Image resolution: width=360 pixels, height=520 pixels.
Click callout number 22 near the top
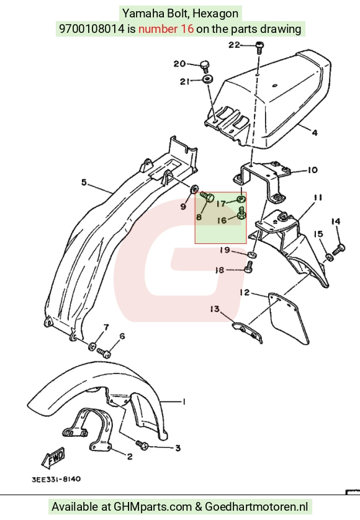coord(234,45)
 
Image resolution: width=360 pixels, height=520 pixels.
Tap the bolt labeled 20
coord(205,66)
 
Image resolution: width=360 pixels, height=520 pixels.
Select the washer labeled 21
coord(208,79)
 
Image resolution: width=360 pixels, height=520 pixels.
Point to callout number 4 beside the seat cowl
coord(315,133)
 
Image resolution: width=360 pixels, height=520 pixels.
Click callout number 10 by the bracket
coord(312,170)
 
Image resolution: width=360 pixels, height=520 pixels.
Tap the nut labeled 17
coord(241,199)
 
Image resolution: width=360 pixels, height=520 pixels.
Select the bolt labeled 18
coord(249,267)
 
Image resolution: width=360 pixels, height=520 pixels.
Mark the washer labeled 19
coord(252,254)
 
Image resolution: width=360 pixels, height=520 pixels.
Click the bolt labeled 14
coord(338,249)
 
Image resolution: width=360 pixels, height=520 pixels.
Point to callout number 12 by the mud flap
coord(245,292)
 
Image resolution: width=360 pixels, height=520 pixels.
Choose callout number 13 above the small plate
coord(215,309)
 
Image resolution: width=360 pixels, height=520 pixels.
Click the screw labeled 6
coord(104,353)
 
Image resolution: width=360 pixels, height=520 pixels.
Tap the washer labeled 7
coord(92,347)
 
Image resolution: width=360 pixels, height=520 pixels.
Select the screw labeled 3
coord(143,444)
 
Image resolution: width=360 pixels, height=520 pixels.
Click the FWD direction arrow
coord(53,458)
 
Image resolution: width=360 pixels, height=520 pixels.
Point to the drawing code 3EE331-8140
coord(56,479)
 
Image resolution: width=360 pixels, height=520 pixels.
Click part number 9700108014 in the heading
coord(92,29)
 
